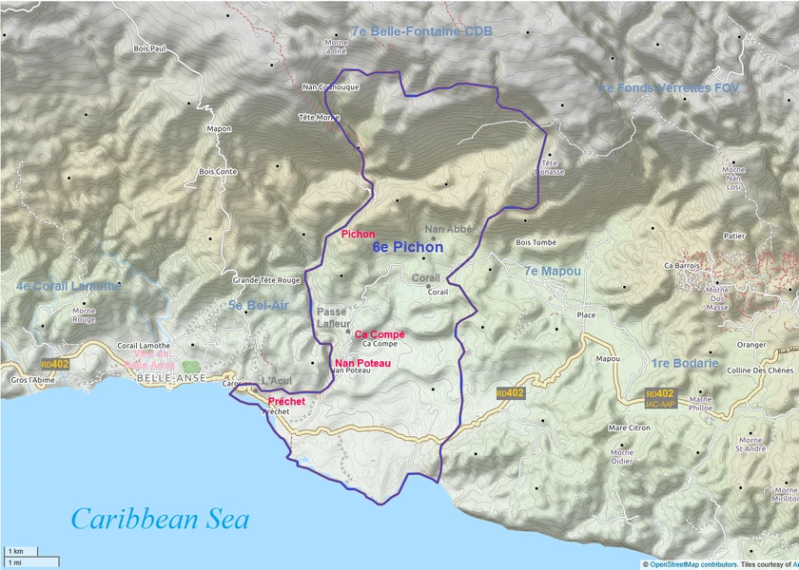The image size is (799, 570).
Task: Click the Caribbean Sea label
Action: click(160, 519)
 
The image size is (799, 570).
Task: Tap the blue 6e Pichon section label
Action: click(407, 247)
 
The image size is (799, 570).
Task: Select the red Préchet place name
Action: click(287, 402)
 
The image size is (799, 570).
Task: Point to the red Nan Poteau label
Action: click(362, 363)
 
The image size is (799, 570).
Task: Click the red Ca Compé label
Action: click(380, 334)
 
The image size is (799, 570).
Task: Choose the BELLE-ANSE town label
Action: click(166, 378)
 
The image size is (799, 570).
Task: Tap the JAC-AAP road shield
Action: click(664, 404)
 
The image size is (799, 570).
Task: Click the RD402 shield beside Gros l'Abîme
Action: click(55, 364)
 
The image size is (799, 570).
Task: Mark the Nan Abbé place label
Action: click(448, 229)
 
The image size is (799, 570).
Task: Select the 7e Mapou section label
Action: click(552, 272)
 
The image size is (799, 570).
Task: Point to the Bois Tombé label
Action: click(536, 242)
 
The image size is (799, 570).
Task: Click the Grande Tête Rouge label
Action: click(266, 281)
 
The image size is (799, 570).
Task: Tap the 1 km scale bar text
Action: click(15, 551)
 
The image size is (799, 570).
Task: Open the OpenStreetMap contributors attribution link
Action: click(692, 564)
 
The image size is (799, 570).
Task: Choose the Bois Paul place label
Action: click(150, 48)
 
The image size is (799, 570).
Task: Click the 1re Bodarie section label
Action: click(685, 363)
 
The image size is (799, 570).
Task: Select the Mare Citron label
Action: click(629, 428)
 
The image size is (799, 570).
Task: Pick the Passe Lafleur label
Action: click(332, 317)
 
